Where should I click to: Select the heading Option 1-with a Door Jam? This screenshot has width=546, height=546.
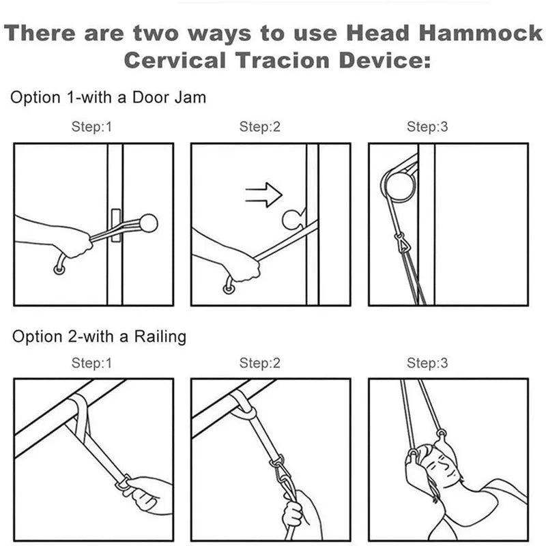108,98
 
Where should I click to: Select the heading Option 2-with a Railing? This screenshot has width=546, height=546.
100,336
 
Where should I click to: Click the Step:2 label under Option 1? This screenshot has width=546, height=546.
260,127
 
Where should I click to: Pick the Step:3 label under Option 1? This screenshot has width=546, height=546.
427,127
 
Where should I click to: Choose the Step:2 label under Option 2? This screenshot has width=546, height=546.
260,363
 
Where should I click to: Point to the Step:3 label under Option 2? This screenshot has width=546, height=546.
427,363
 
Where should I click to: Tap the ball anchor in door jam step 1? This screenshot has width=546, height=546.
147,222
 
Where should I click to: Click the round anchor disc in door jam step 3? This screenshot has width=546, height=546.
399,186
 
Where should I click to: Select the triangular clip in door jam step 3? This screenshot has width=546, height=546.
399,242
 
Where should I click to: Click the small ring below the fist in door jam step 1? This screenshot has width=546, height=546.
60,271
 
